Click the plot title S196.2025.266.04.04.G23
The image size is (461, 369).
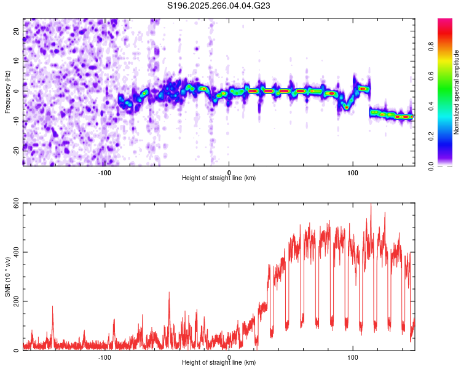(x=219, y=6)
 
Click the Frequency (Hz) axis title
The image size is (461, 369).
(x=7, y=92)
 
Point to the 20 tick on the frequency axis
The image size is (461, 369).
(x=17, y=31)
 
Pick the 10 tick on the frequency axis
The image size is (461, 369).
(x=17, y=60)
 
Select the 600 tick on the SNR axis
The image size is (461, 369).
(x=14, y=205)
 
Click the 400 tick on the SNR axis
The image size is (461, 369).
(x=14, y=253)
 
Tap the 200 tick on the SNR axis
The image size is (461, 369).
(x=14, y=302)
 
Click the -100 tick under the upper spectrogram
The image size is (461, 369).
(x=104, y=172)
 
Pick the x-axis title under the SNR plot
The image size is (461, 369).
(x=219, y=363)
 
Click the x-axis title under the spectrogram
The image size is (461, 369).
(x=219, y=178)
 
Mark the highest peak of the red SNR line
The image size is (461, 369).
(x=371, y=205)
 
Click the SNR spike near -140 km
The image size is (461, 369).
(x=52, y=306)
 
